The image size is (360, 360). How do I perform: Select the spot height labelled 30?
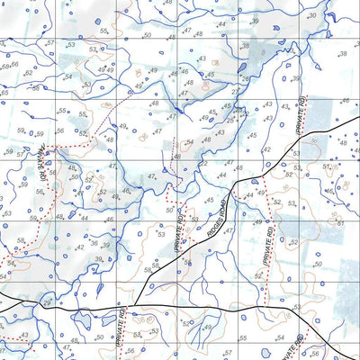click(x=311, y=16)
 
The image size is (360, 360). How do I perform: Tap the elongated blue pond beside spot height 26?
click(x=243, y=67)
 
